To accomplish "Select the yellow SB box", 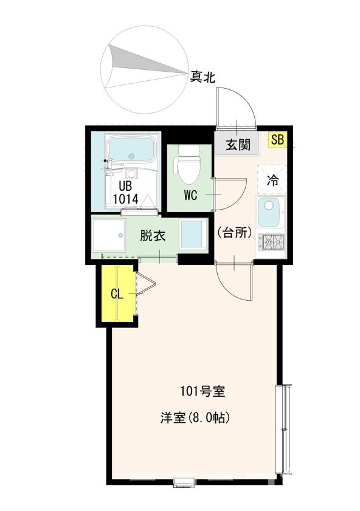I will [x=277, y=140].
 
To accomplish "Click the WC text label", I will [x=191, y=196].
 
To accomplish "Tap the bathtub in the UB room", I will [x=130, y=149].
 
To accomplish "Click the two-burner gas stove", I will [x=272, y=242].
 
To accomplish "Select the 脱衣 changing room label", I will [x=153, y=236].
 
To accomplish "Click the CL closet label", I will [x=117, y=294].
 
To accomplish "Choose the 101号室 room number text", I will [x=202, y=391].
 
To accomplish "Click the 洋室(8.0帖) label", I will [x=194, y=418].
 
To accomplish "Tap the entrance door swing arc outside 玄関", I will [x=240, y=103].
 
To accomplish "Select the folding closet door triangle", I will [x=144, y=284].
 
